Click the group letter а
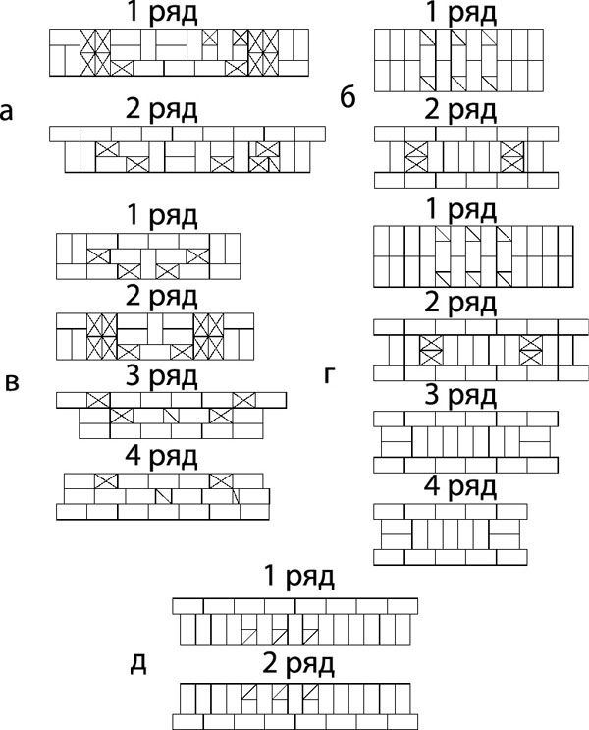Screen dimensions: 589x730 [6, 113]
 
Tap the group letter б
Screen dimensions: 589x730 [348, 97]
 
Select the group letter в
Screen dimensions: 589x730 [12, 382]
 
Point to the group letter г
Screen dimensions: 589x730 [329, 374]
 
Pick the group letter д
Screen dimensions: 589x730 [138, 664]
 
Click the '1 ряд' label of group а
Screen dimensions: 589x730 [161, 13]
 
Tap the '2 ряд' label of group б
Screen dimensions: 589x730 [460, 110]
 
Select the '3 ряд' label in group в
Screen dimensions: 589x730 [161, 377]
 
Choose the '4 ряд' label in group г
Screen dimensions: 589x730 [460, 487]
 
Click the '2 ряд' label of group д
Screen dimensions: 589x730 [298, 664]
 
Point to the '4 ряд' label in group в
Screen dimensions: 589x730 [161, 457]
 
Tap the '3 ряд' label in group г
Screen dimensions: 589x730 [460, 395]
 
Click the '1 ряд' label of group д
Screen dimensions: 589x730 [298, 577]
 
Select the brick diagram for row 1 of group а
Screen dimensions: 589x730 [179, 53]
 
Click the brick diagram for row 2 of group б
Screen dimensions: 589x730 [466, 157]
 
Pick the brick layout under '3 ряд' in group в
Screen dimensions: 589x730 [171, 416]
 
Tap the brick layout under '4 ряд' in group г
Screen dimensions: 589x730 [451, 534]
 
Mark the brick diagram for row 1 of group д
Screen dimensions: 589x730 [294, 622]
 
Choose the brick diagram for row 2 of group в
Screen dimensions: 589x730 [155, 337]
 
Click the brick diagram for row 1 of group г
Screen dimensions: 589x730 [473, 256]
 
